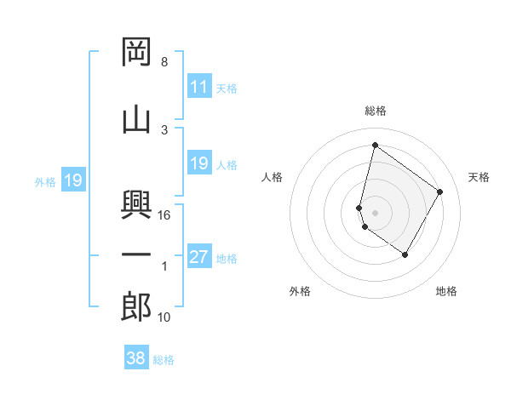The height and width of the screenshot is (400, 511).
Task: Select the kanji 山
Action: (x=136, y=118)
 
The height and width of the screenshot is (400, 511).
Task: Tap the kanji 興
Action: (x=136, y=205)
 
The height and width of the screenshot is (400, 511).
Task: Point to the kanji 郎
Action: (x=136, y=307)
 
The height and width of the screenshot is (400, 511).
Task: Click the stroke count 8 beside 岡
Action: (x=164, y=63)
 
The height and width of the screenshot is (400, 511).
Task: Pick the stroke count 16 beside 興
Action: (x=165, y=215)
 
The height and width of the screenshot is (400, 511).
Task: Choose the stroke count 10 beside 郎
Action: (x=164, y=317)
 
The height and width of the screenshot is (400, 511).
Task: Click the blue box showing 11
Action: (x=198, y=86)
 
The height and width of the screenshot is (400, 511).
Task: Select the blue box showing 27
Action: (x=198, y=258)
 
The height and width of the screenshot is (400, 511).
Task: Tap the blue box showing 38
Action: (x=136, y=359)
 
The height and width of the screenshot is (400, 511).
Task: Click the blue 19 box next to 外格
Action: (x=72, y=180)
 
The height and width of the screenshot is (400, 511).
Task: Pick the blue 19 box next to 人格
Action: (x=198, y=163)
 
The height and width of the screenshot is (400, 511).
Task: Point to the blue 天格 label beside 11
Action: (x=227, y=88)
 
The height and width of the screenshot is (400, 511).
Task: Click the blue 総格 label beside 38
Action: (x=164, y=360)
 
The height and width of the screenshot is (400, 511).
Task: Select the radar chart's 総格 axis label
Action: (x=376, y=111)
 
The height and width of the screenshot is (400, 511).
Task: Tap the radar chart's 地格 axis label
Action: (x=446, y=292)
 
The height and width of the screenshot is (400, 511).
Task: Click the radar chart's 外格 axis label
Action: (x=300, y=292)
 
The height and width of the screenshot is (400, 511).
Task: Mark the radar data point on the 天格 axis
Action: (x=440, y=191)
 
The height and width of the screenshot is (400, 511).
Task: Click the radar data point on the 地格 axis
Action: (x=405, y=255)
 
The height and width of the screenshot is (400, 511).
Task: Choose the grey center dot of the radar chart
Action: (x=376, y=212)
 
